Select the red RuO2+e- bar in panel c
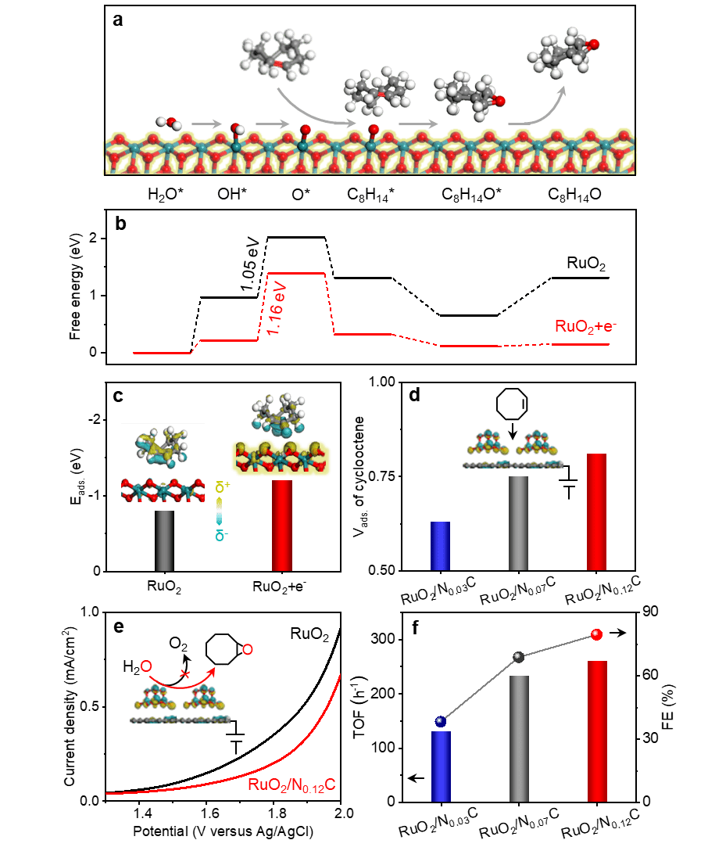(282, 526)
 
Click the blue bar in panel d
(441, 546)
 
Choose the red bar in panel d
(596, 512)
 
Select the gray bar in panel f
(518, 738)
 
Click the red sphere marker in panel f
(596, 634)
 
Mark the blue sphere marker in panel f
(441, 721)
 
